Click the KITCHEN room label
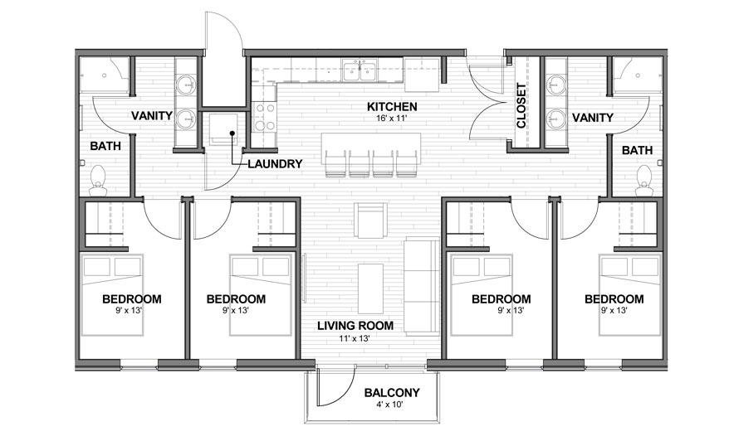click(393, 107)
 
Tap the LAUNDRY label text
click(275, 164)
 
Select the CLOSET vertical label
click(521, 106)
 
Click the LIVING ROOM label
click(355, 326)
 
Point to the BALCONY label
click(392, 393)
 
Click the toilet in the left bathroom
click(98, 176)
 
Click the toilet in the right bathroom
click(644, 176)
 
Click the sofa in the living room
click(423, 283)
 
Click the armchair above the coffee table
click(370, 220)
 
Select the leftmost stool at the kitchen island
click(335, 163)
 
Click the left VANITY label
click(152, 118)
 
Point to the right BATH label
click(637, 150)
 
